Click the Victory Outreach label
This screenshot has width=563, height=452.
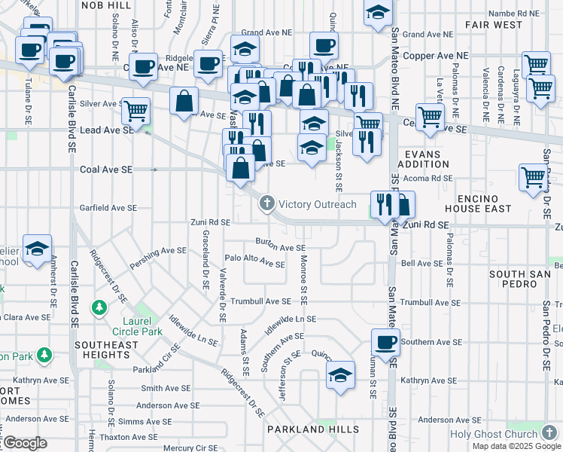pos(317,204)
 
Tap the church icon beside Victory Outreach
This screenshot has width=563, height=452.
pos(266,203)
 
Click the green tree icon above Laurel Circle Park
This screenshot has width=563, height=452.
pos(99,307)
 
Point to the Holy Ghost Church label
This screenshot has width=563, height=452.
pos(494,434)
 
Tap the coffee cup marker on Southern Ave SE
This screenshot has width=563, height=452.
pos(386,343)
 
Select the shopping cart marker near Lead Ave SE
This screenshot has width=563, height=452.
pos(135,111)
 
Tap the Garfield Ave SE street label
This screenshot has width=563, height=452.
pos(109,207)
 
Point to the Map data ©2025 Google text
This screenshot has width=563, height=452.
pos(516,446)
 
